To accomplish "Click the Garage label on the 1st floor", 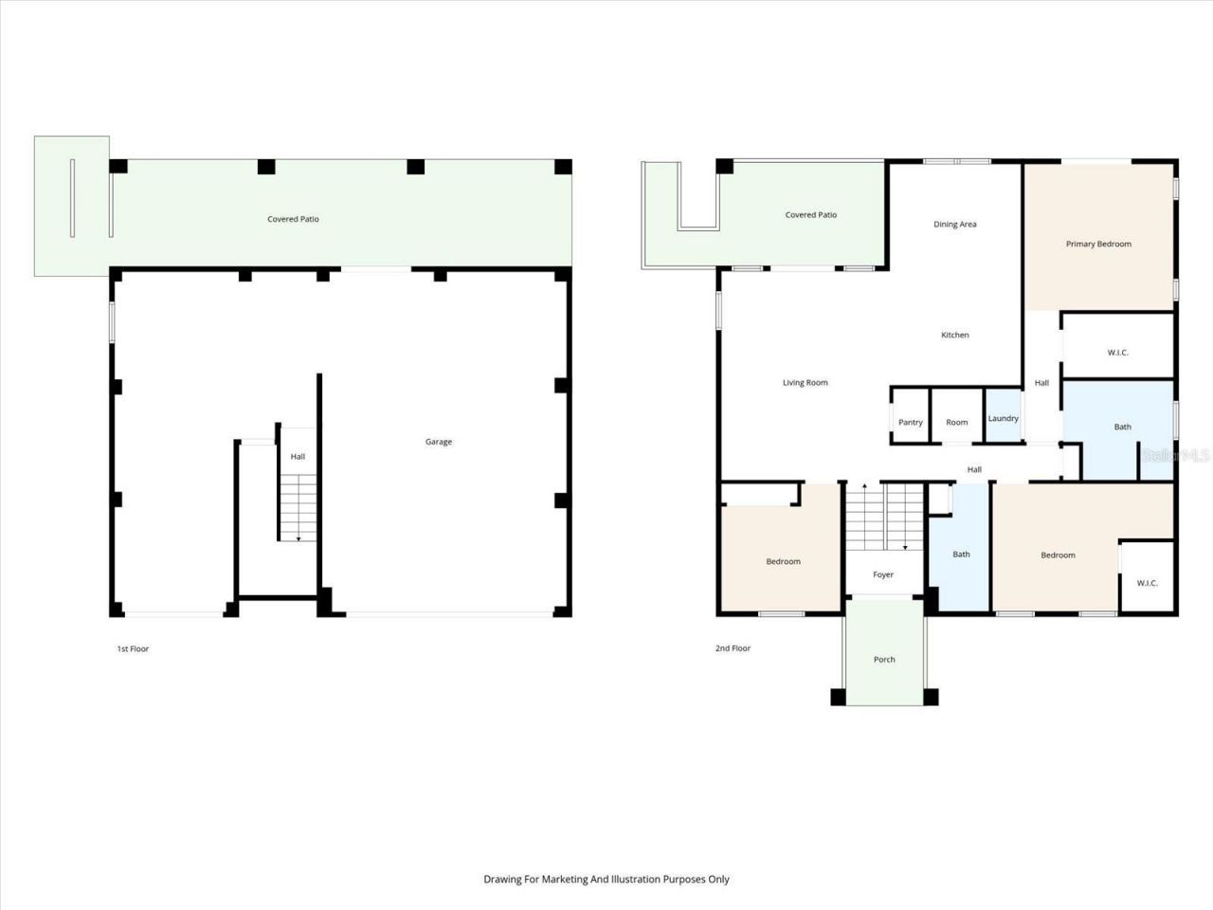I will [439, 442].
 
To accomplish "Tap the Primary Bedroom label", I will [1098, 245].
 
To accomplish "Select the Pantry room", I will [910, 422].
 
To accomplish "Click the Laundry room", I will [1004, 418].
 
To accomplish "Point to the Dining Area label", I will [954, 225].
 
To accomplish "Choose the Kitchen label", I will [954, 335].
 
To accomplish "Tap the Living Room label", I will [805, 383].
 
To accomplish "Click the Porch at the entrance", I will [884, 660].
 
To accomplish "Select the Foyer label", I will [883, 574].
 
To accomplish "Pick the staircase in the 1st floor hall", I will [298, 507].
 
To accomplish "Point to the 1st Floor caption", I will [133, 649].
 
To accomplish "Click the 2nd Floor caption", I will [733, 648].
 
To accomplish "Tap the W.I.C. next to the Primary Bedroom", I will [1117, 353].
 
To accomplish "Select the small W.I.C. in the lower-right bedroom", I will [1147, 583].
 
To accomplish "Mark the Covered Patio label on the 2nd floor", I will [810, 215].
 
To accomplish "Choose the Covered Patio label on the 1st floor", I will [293, 219].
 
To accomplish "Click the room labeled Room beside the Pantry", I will [957, 422].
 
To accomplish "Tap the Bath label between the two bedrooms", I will [961, 555].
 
